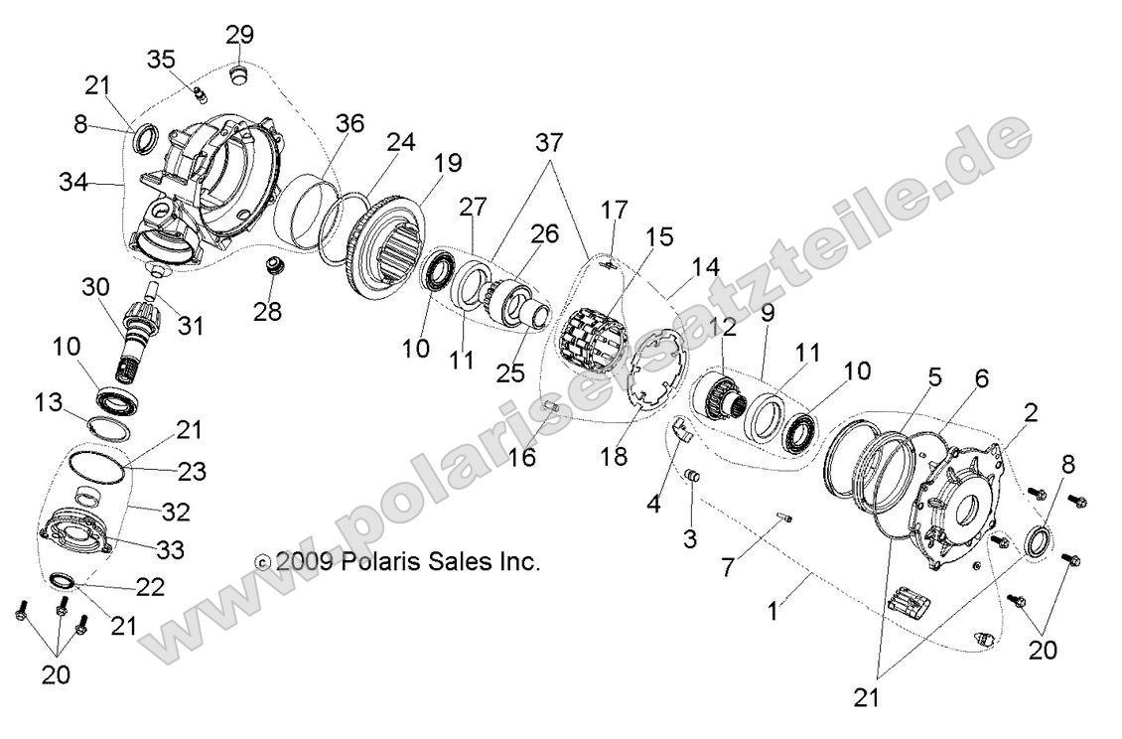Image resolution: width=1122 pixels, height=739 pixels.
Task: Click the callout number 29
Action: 239,35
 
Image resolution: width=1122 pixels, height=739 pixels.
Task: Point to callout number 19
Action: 447,162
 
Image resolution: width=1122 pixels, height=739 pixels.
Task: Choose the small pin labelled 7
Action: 784,516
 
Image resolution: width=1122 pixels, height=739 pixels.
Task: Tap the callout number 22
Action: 148,587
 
